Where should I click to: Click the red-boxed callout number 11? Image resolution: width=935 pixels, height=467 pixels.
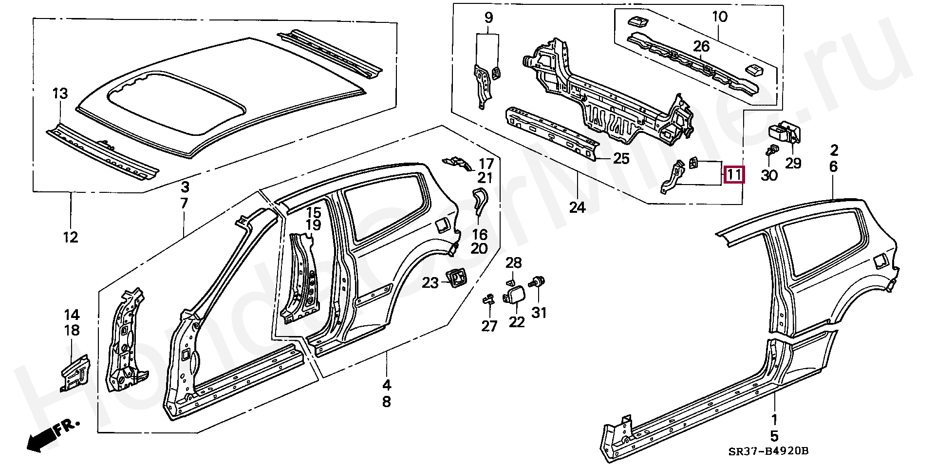[x=734, y=174]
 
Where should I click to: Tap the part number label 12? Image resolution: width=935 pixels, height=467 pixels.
[x=71, y=237]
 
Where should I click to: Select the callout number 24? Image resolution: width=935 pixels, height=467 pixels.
[x=577, y=207]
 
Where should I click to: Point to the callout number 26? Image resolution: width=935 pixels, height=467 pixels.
[x=701, y=47]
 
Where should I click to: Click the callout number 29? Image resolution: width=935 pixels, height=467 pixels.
[x=793, y=163]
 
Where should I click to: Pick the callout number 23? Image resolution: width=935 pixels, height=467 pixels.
[x=430, y=282]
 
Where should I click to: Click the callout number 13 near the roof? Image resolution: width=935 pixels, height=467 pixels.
[x=60, y=93]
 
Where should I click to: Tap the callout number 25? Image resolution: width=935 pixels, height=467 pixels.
[x=621, y=158]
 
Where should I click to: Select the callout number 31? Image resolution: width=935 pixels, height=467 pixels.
[x=539, y=312]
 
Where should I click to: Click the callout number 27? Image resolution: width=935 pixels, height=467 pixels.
[x=489, y=326]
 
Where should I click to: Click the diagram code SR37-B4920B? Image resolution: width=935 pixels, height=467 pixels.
[x=771, y=451]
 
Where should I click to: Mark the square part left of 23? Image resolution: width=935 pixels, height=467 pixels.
[x=457, y=278]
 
